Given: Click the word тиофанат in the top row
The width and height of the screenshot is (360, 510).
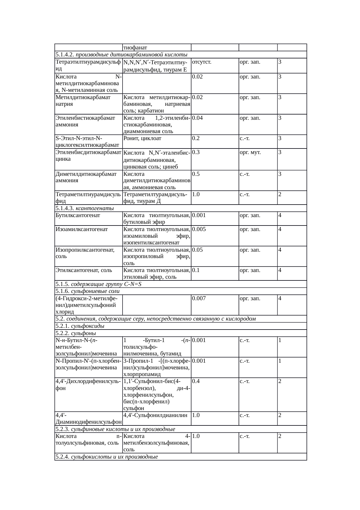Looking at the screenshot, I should coord(135,47).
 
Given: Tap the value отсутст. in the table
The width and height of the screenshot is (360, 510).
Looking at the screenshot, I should coord(201,62).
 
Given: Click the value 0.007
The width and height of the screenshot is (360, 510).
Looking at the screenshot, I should coord(199,298).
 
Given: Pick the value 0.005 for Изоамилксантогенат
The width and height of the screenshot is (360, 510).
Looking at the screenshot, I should coord(199,229).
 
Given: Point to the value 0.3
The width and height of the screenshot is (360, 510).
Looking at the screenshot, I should coord(196,152).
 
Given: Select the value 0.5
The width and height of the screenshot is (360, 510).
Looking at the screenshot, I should coord(196,174).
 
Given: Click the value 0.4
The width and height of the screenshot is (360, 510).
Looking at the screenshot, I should coord(196,381).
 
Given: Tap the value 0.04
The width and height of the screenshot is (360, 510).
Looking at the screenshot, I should coord(197,118).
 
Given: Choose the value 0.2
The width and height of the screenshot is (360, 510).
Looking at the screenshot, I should coord(196,138).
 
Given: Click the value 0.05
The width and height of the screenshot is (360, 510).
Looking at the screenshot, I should coord(197,250).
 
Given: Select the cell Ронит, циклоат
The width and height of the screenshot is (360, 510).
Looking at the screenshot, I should coord(142,138).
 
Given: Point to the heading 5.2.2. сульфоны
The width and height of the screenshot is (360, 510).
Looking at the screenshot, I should coord(76,333).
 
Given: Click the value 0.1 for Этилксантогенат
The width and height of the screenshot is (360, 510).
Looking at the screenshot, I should coord(196,270).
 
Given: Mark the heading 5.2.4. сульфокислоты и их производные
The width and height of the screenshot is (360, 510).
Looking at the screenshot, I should coord(107,457).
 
